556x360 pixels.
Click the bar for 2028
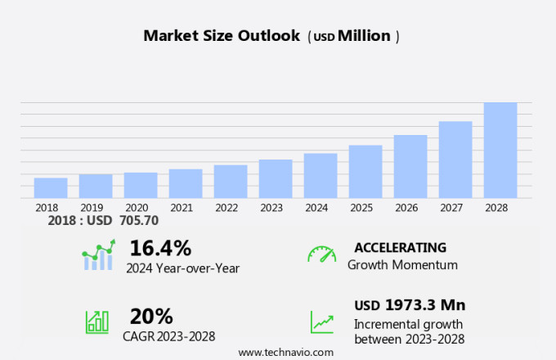point(500,151)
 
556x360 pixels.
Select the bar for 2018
point(51,188)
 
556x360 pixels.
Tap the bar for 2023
point(276,178)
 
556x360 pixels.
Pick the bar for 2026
point(410,167)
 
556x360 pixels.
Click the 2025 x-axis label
point(365,208)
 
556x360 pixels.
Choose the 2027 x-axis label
point(455,208)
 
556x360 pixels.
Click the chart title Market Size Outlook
point(222,36)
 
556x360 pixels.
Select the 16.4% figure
point(160,248)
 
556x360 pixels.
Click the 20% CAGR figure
point(151,316)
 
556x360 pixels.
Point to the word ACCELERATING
point(400,248)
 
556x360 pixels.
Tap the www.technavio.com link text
point(286,352)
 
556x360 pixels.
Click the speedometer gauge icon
point(321,254)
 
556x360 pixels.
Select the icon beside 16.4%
point(97,256)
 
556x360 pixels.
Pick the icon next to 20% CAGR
point(97,321)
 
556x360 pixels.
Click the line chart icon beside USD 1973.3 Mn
point(321,322)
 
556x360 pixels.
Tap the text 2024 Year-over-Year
point(182,268)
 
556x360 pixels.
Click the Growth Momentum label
point(402,265)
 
